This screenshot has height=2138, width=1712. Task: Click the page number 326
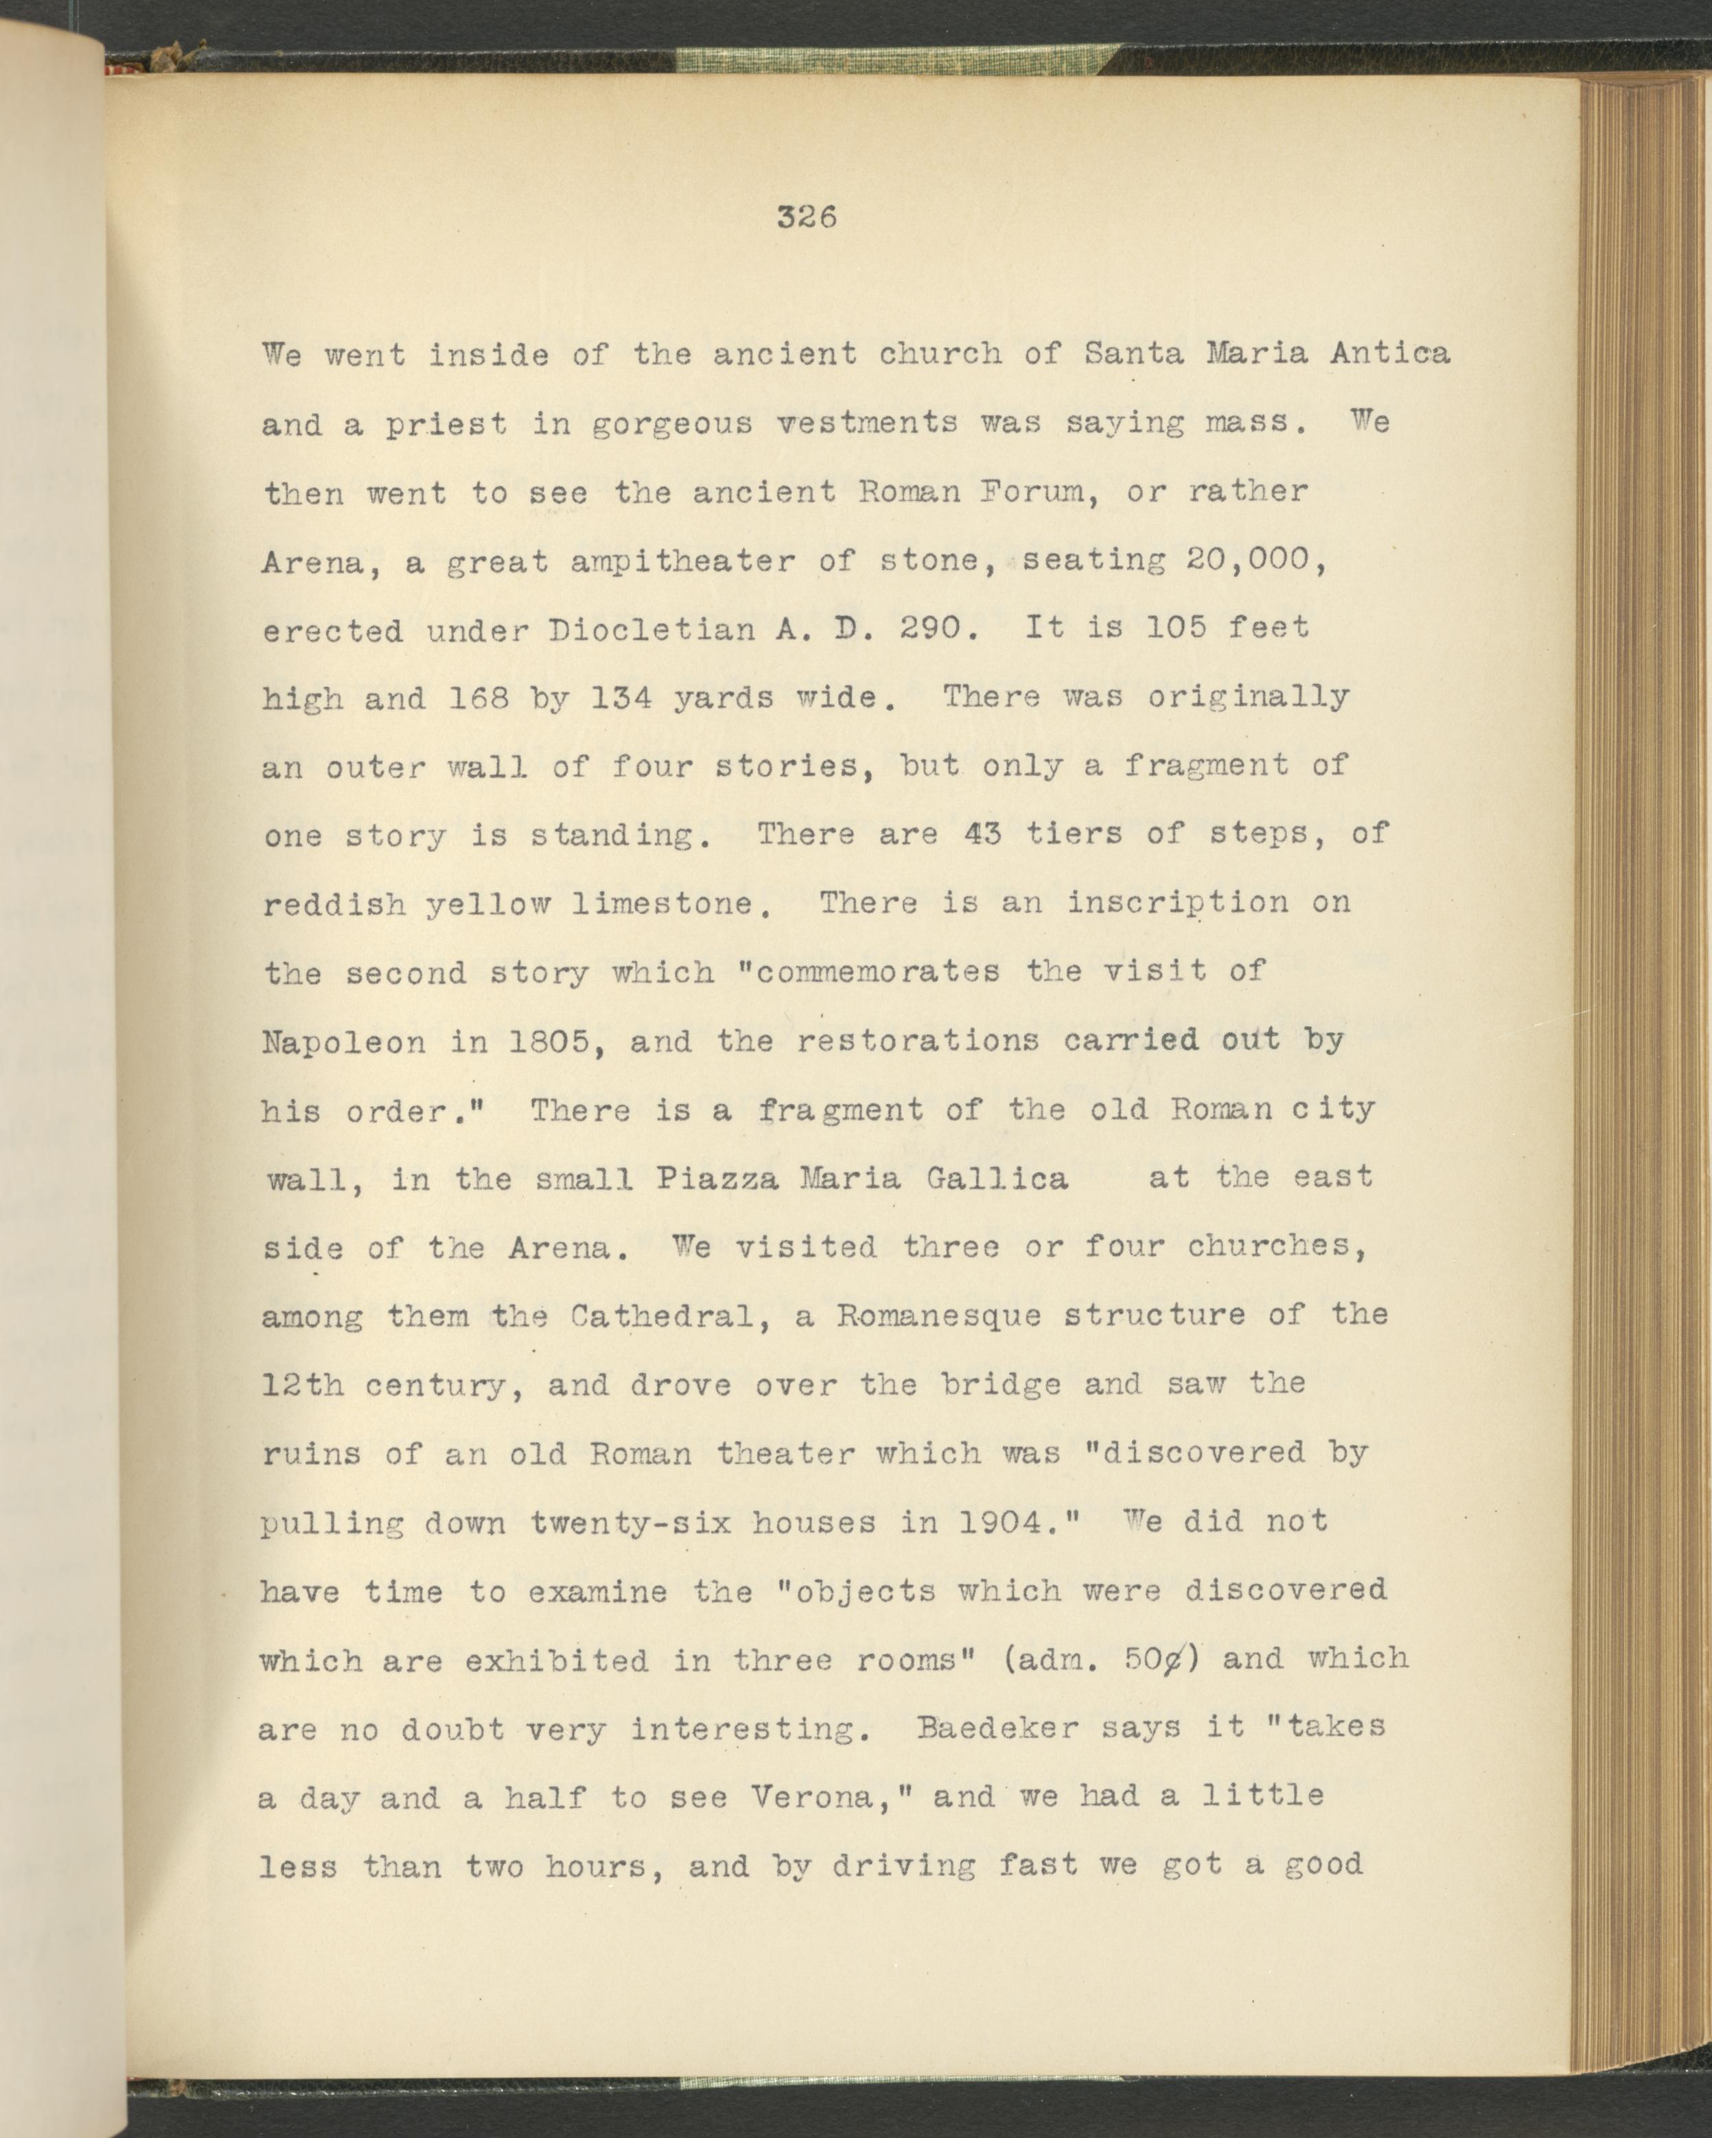[x=807, y=215]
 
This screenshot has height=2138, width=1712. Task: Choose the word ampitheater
[x=682, y=561]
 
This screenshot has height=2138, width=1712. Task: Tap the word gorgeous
[x=671, y=423]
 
